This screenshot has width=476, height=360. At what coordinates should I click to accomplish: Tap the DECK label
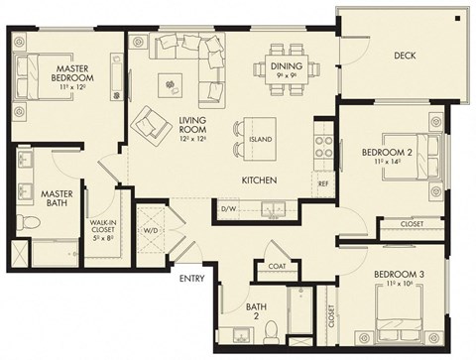[x=404, y=55]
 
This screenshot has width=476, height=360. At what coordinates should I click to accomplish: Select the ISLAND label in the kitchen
[x=261, y=139]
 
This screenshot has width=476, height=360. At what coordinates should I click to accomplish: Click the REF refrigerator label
[x=323, y=183]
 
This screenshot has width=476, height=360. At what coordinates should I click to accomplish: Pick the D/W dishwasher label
[x=229, y=209]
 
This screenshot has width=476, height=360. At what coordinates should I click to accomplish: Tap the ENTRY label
[x=191, y=279]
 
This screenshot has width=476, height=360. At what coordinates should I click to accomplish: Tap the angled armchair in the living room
[x=152, y=125]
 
